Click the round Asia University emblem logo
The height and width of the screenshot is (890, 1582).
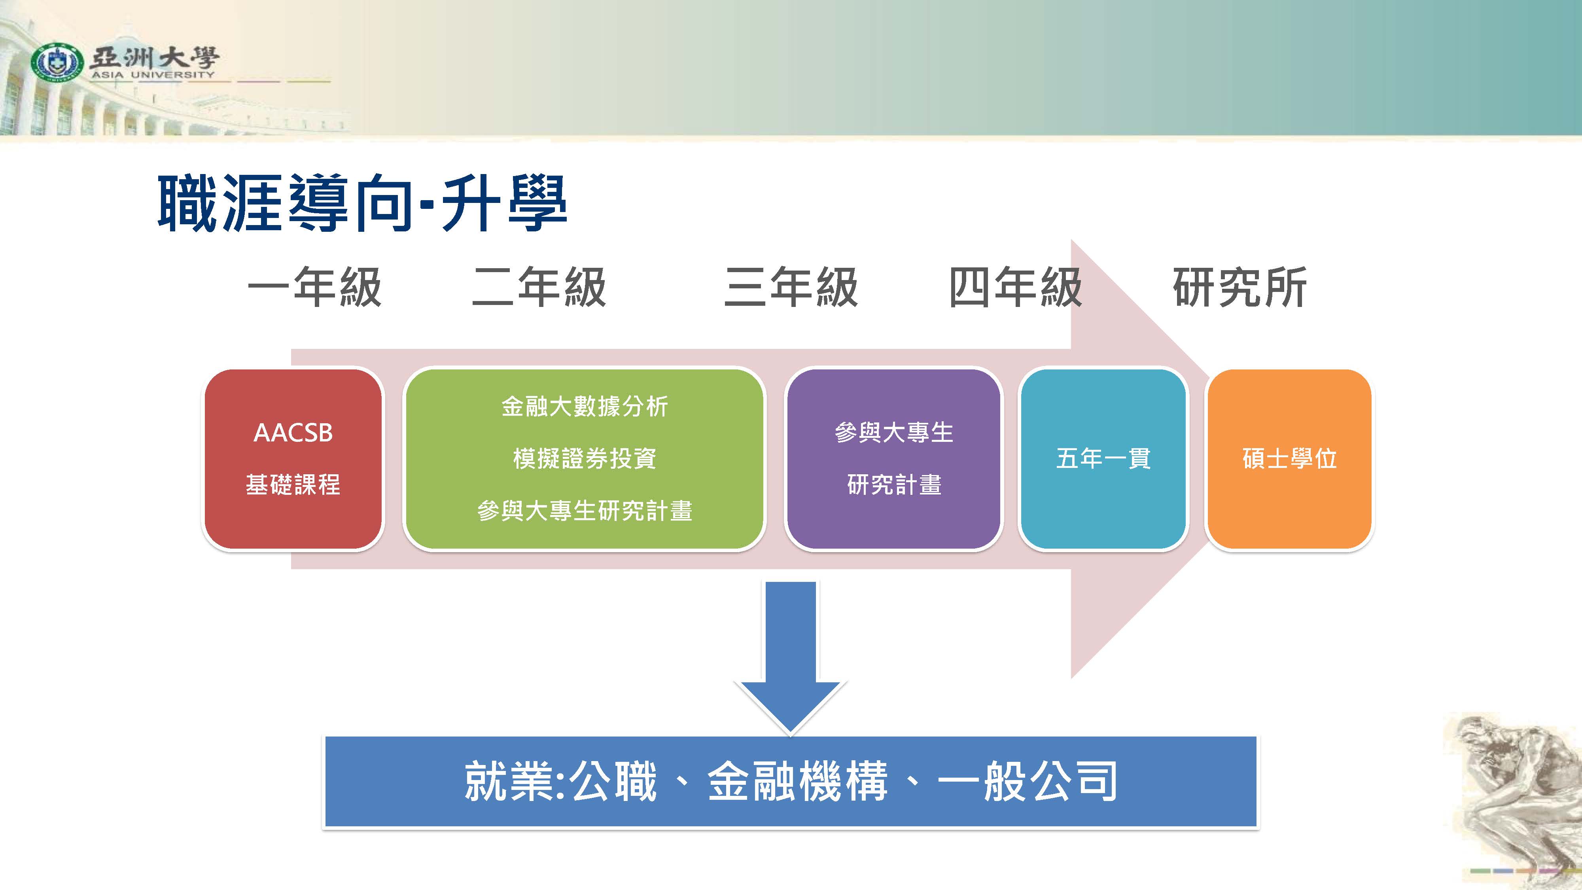[57, 62]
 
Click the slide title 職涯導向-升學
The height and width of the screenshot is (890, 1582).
[362, 203]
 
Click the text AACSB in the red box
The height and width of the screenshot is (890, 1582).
[293, 433]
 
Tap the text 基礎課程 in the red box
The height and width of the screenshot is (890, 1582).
[293, 485]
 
